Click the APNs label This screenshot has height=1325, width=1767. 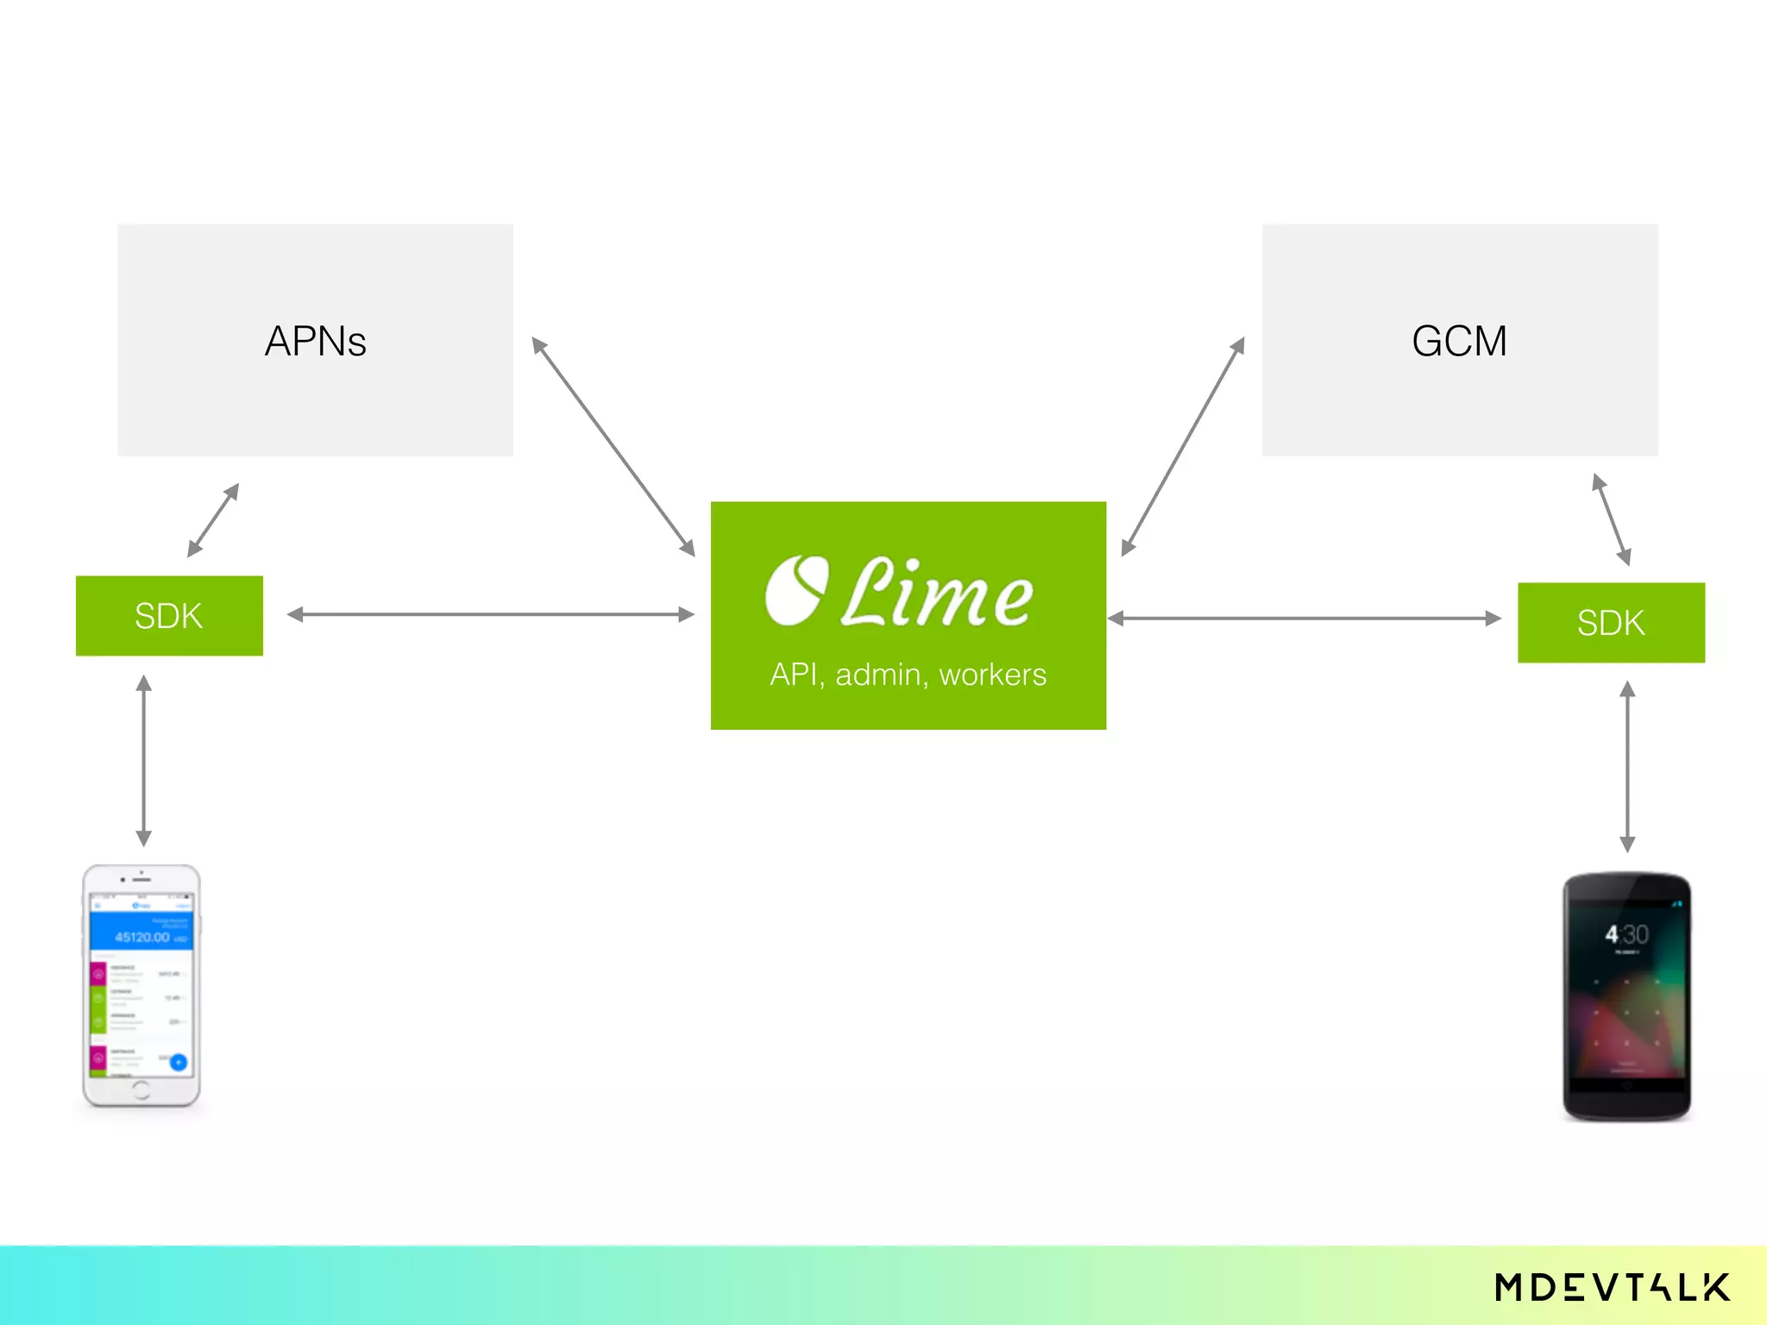[316, 342]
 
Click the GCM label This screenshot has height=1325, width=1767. [1459, 342]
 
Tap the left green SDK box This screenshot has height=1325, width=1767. [169, 616]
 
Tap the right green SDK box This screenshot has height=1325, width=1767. [1611, 623]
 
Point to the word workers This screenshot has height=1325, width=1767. [992, 675]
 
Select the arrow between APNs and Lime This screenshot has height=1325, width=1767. [613, 447]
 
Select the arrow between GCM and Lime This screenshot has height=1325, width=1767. [1183, 447]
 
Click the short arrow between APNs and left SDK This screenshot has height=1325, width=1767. [213, 520]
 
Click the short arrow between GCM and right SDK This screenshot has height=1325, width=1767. [1611, 519]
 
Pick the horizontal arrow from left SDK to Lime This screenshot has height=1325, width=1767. [490, 615]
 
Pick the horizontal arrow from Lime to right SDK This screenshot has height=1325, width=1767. [1305, 619]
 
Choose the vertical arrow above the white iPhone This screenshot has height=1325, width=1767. [144, 761]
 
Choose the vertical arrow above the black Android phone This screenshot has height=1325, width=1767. [1627, 766]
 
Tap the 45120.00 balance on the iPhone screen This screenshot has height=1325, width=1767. [142, 937]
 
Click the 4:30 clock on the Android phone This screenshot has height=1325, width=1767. [1626, 934]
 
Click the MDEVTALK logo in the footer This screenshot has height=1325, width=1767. [1612, 1288]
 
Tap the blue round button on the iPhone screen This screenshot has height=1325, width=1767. [179, 1063]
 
